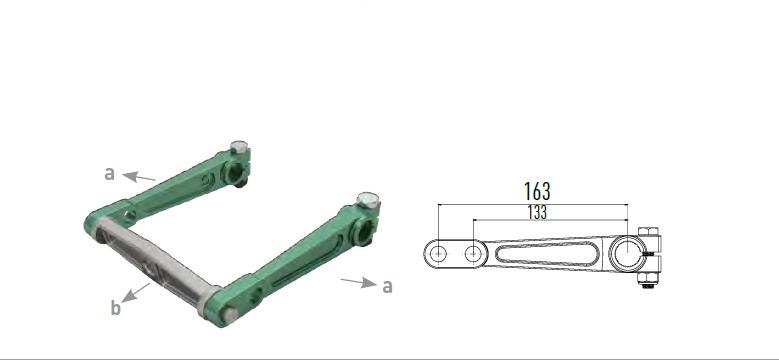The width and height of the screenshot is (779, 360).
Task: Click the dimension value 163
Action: (537, 190)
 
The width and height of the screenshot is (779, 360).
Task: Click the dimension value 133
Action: (535, 212)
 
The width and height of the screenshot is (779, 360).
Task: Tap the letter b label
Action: (116, 308)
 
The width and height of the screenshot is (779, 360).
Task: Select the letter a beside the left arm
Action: (110, 173)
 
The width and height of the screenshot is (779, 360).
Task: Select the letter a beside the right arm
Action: (387, 286)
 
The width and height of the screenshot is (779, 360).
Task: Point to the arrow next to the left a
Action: (140, 177)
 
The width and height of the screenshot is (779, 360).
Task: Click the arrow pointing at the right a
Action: (357, 283)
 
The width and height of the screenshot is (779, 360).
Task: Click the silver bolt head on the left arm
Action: (237, 148)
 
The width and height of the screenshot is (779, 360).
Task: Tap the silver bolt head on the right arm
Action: (366, 200)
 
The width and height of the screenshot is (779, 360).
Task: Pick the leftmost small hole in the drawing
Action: (438, 254)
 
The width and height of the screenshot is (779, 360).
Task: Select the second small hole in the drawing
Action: (472, 254)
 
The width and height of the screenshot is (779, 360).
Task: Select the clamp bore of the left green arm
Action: (240, 173)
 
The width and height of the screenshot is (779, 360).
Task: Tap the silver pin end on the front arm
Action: (228, 316)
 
